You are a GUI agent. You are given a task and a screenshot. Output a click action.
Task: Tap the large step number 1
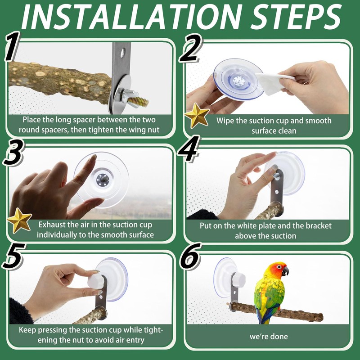(x=12, y=46)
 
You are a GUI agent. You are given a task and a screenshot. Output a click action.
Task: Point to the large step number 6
(x=190, y=256)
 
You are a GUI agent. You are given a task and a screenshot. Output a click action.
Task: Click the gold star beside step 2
(x=197, y=115)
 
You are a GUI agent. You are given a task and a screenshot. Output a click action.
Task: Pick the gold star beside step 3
(x=19, y=220)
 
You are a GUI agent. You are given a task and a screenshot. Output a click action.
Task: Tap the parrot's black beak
(x=285, y=271)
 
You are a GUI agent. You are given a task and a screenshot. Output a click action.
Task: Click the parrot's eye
(x=279, y=267)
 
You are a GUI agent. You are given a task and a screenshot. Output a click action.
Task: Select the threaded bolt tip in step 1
(x=138, y=101)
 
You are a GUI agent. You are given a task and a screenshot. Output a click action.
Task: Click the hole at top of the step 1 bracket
(x=122, y=53)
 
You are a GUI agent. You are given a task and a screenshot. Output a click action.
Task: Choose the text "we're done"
(x=269, y=337)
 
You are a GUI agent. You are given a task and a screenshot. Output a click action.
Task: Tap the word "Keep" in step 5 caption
(x=27, y=330)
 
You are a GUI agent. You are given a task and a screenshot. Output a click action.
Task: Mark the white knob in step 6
(x=238, y=279)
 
